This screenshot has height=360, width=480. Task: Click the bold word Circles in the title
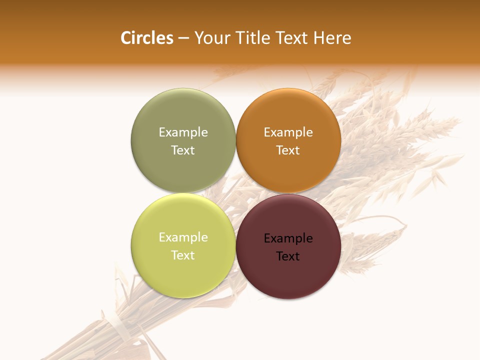[x=147, y=38]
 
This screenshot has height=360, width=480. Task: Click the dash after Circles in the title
[x=183, y=38]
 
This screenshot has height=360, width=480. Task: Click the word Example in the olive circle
[x=183, y=132]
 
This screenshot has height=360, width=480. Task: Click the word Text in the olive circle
[x=183, y=150]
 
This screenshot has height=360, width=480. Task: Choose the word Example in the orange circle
[x=288, y=132]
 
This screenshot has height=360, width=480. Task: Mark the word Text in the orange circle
[x=288, y=150]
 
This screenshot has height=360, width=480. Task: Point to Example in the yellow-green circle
[x=183, y=237]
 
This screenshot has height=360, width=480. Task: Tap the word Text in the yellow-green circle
[x=183, y=255]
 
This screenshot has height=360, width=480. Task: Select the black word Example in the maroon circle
[x=288, y=238]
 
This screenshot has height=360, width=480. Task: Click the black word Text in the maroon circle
[x=288, y=256]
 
